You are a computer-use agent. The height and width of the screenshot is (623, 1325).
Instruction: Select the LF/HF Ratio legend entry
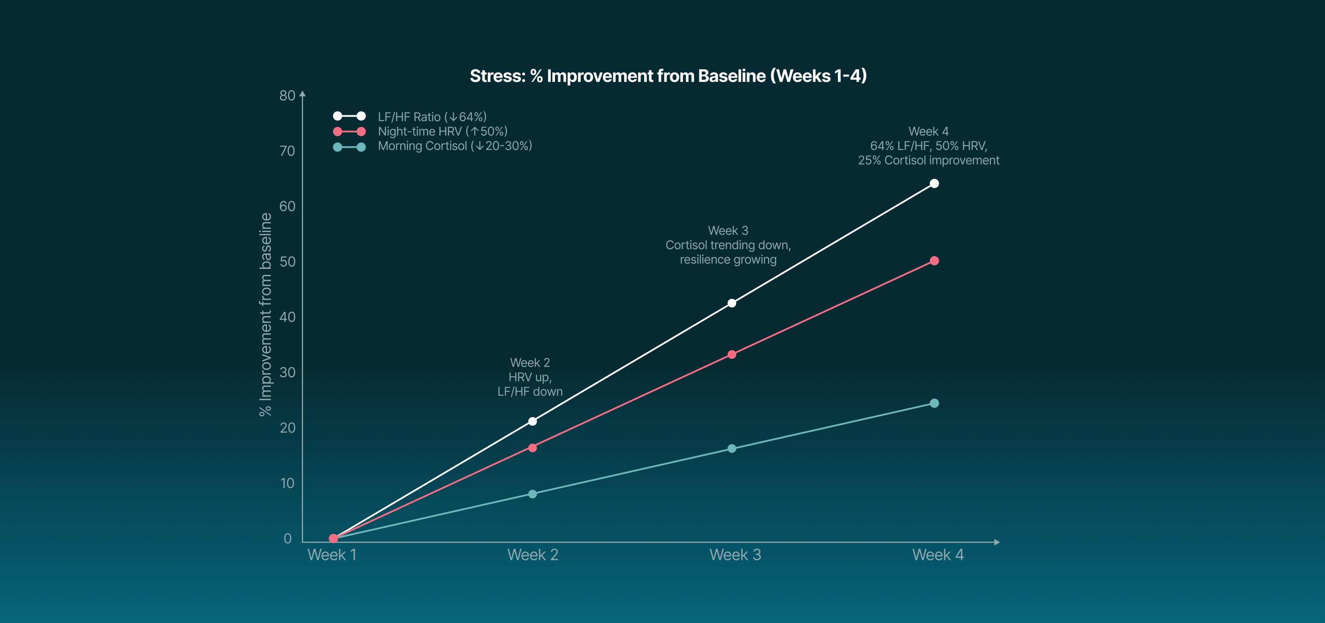pyautogui.click(x=432, y=117)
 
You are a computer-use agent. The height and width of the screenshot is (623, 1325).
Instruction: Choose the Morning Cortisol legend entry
pyautogui.click(x=454, y=146)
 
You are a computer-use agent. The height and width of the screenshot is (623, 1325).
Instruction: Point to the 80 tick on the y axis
pyautogui.click(x=287, y=95)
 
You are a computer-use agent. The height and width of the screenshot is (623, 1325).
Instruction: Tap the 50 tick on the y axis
pyautogui.click(x=287, y=262)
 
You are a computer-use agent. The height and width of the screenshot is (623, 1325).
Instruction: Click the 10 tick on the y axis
pyautogui.click(x=287, y=483)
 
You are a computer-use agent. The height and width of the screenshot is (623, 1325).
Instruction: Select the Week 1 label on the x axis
pyautogui.click(x=332, y=555)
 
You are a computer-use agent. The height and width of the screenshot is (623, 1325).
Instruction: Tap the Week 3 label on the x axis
pyautogui.click(x=735, y=555)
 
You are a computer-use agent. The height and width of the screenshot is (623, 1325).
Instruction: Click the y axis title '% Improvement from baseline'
pyautogui.click(x=265, y=314)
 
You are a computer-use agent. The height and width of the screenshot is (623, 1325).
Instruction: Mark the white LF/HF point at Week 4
pyautogui.click(x=934, y=184)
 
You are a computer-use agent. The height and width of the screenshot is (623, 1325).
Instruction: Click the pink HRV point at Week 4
pyautogui.click(x=934, y=261)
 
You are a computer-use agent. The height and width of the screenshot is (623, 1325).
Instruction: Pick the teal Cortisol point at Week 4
pyautogui.click(x=934, y=403)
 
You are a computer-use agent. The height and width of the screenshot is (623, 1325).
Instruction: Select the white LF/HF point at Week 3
pyautogui.click(x=731, y=303)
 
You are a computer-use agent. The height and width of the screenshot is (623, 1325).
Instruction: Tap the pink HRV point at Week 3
pyautogui.click(x=731, y=355)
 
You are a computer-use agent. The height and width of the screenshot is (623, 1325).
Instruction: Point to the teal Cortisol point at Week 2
pyautogui.click(x=532, y=494)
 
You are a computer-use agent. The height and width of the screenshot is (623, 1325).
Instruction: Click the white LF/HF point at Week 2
pyautogui.click(x=532, y=422)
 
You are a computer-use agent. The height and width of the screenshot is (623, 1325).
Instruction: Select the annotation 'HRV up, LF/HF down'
pyautogui.click(x=530, y=384)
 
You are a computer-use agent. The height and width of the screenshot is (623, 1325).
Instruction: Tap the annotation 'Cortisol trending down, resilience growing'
pyautogui.click(x=728, y=252)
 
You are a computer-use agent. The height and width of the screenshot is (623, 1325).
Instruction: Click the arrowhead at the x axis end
pyautogui.click(x=997, y=542)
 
